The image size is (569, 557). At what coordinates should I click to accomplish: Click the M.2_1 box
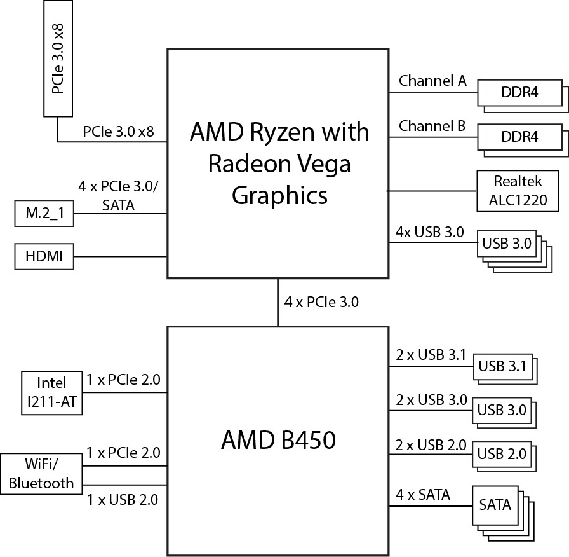pyautogui.click(x=43, y=214)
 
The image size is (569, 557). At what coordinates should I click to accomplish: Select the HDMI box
pyautogui.click(x=43, y=257)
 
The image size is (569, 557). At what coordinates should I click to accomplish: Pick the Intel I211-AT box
pyautogui.click(x=51, y=392)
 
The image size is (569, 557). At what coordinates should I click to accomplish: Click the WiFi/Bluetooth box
pyautogui.click(x=41, y=474)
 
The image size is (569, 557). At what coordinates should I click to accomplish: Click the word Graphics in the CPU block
pyautogui.click(x=279, y=195)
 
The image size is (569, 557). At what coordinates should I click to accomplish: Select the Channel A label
pyautogui.click(x=432, y=81)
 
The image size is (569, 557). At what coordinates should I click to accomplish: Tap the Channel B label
pyautogui.click(x=432, y=126)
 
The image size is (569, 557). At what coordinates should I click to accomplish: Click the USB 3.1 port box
pyautogui.click(x=502, y=366)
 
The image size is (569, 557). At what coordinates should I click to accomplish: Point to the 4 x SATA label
pyautogui.click(x=423, y=494)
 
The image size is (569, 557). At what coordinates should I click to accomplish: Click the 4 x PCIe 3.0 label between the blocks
pyautogui.click(x=321, y=302)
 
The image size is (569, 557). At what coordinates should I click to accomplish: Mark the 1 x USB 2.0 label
pyautogui.click(x=122, y=500)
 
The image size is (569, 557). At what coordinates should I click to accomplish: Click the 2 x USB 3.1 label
pyautogui.click(x=431, y=355)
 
